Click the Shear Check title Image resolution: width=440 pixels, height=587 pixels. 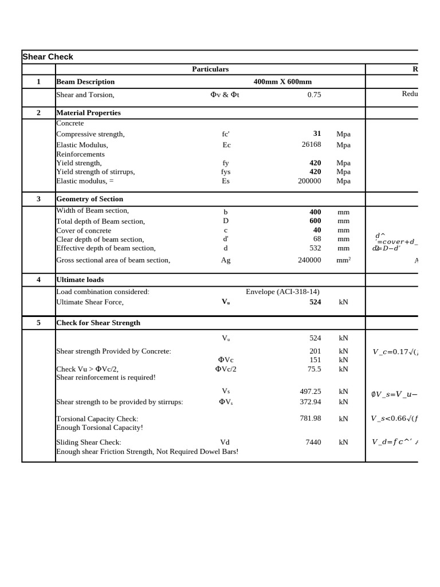click(x=48, y=57)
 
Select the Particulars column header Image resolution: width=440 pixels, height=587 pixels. click(x=210, y=69)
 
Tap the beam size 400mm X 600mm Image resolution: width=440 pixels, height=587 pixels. click(x=282, y=82)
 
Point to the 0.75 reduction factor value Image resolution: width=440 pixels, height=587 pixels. click(x=314, y=95)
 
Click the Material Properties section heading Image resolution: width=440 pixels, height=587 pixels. click(x=88, y=113)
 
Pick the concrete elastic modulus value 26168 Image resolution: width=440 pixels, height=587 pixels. click(x=311, y=145)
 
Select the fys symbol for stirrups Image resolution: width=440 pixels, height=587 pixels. click(x=226, y=172)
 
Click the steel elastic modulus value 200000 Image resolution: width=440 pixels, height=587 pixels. click(x=309, y=181)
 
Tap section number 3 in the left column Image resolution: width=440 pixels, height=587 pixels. click(x=38, y=199)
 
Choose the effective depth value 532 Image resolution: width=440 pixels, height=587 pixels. click(x=315, y=248)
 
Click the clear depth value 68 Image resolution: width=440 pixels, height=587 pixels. click(x=317, y=239)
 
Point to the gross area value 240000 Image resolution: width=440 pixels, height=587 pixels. click(x=309, y=260)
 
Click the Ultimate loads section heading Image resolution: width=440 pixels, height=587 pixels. click(x=80, y=280)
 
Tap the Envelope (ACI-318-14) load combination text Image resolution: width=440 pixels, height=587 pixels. click(x=282, y=292)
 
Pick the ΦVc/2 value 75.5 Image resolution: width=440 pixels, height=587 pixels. click(x=314, y=369)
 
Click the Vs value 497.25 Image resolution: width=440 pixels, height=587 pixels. click(x=310, y=392)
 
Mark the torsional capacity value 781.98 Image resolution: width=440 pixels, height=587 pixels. click(x=310, y=418)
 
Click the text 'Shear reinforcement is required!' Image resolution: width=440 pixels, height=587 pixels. click(x=105, y=378)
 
